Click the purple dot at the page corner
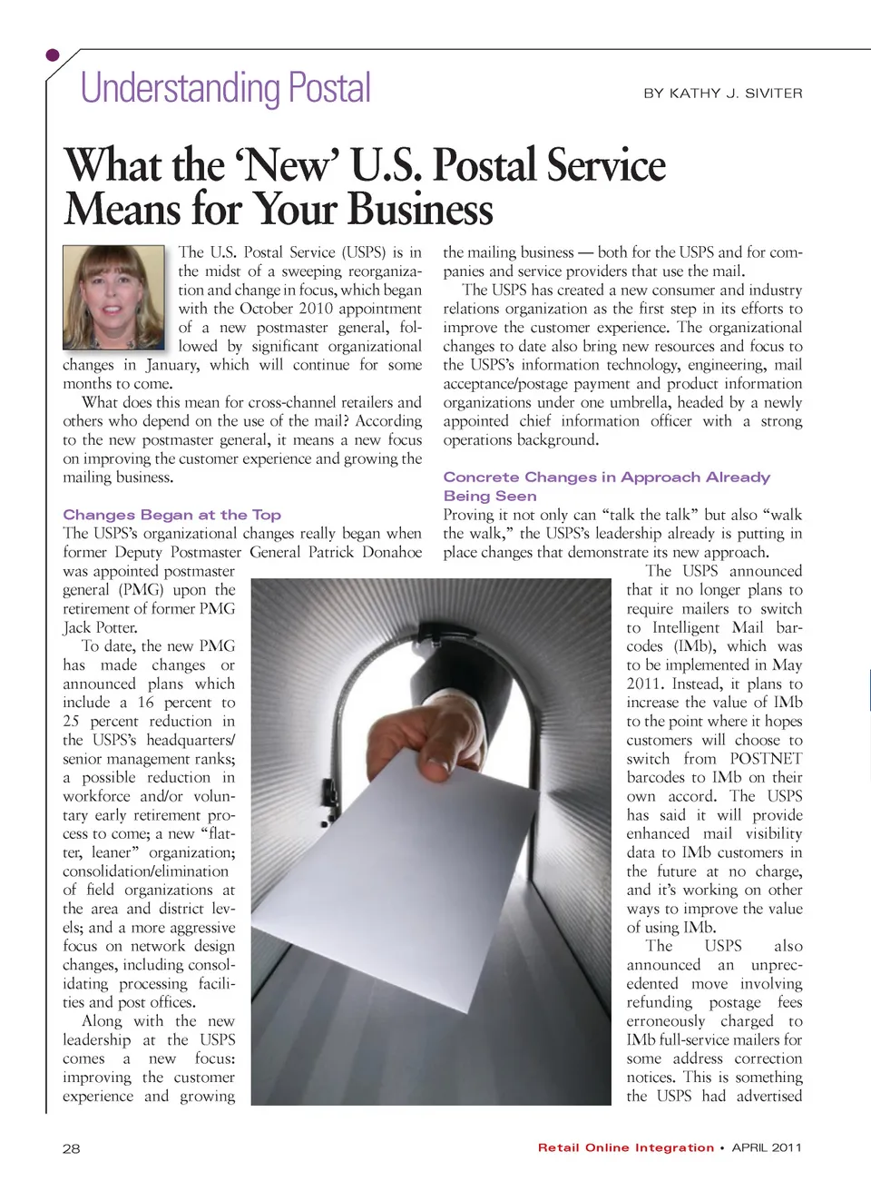(53, 55)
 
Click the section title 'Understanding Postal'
(226, 89)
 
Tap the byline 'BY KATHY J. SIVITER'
(722, 93)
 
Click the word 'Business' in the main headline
(420, 209)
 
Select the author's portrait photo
(114, 297)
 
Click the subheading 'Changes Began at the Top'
(171, 515)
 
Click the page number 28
(71, 1148)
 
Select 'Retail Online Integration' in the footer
(625, 1147)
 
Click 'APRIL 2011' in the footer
(767, 1147)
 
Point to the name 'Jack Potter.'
(100, 627)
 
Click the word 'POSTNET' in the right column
(766, 759)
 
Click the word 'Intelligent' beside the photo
(687, 627)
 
